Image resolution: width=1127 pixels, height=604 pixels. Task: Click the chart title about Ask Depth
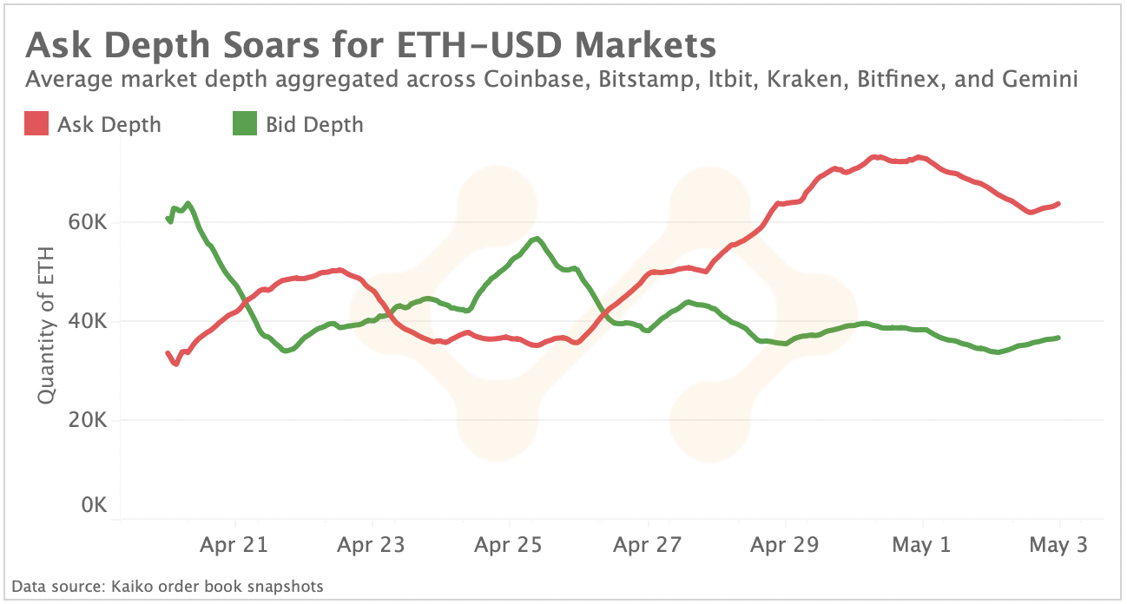pos(372,44)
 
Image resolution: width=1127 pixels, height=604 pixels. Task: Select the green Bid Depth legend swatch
pos(246,124)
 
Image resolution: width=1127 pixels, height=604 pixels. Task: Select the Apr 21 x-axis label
pos(235,545)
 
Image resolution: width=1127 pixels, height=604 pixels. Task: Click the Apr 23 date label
pos(372,545)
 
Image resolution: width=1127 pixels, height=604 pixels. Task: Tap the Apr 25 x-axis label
pos(509,545)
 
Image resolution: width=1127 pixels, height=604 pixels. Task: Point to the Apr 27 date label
pos(647,545)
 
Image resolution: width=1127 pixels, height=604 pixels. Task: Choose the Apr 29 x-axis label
pos(785,545)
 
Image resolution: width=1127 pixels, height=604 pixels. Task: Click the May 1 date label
pos(922,545)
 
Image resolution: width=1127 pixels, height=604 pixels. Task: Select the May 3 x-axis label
pos(1059,545)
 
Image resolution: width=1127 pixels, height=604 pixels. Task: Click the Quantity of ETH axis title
pos(47,325)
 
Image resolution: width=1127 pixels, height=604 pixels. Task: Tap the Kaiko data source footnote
pos(168,587)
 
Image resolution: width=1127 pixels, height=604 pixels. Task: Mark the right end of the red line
pos(1059,204)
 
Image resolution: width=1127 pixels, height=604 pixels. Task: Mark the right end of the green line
pos(1059,338)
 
